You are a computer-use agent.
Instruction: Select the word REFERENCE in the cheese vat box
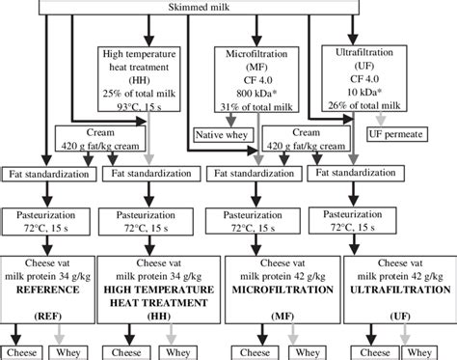pyautogui.click(x=48, y=290)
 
